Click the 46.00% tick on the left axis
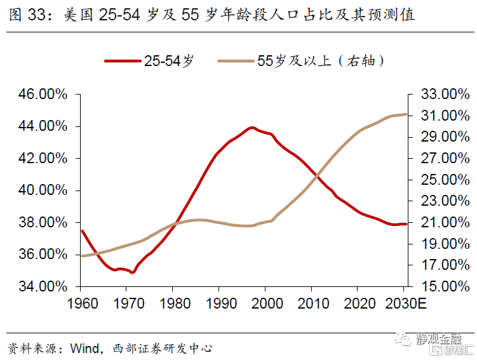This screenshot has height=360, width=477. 42,95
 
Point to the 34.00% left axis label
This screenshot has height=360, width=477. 42,286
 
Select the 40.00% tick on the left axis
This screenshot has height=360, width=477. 42,190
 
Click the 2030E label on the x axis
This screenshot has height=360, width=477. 406,303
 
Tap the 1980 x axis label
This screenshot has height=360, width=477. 173,303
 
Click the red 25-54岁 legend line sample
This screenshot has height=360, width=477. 122,61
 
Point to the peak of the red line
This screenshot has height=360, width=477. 252,128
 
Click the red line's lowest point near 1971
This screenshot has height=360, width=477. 132,272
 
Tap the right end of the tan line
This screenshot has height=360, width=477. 406,114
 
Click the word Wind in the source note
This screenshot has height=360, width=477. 83,349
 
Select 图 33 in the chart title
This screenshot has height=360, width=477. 26,14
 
